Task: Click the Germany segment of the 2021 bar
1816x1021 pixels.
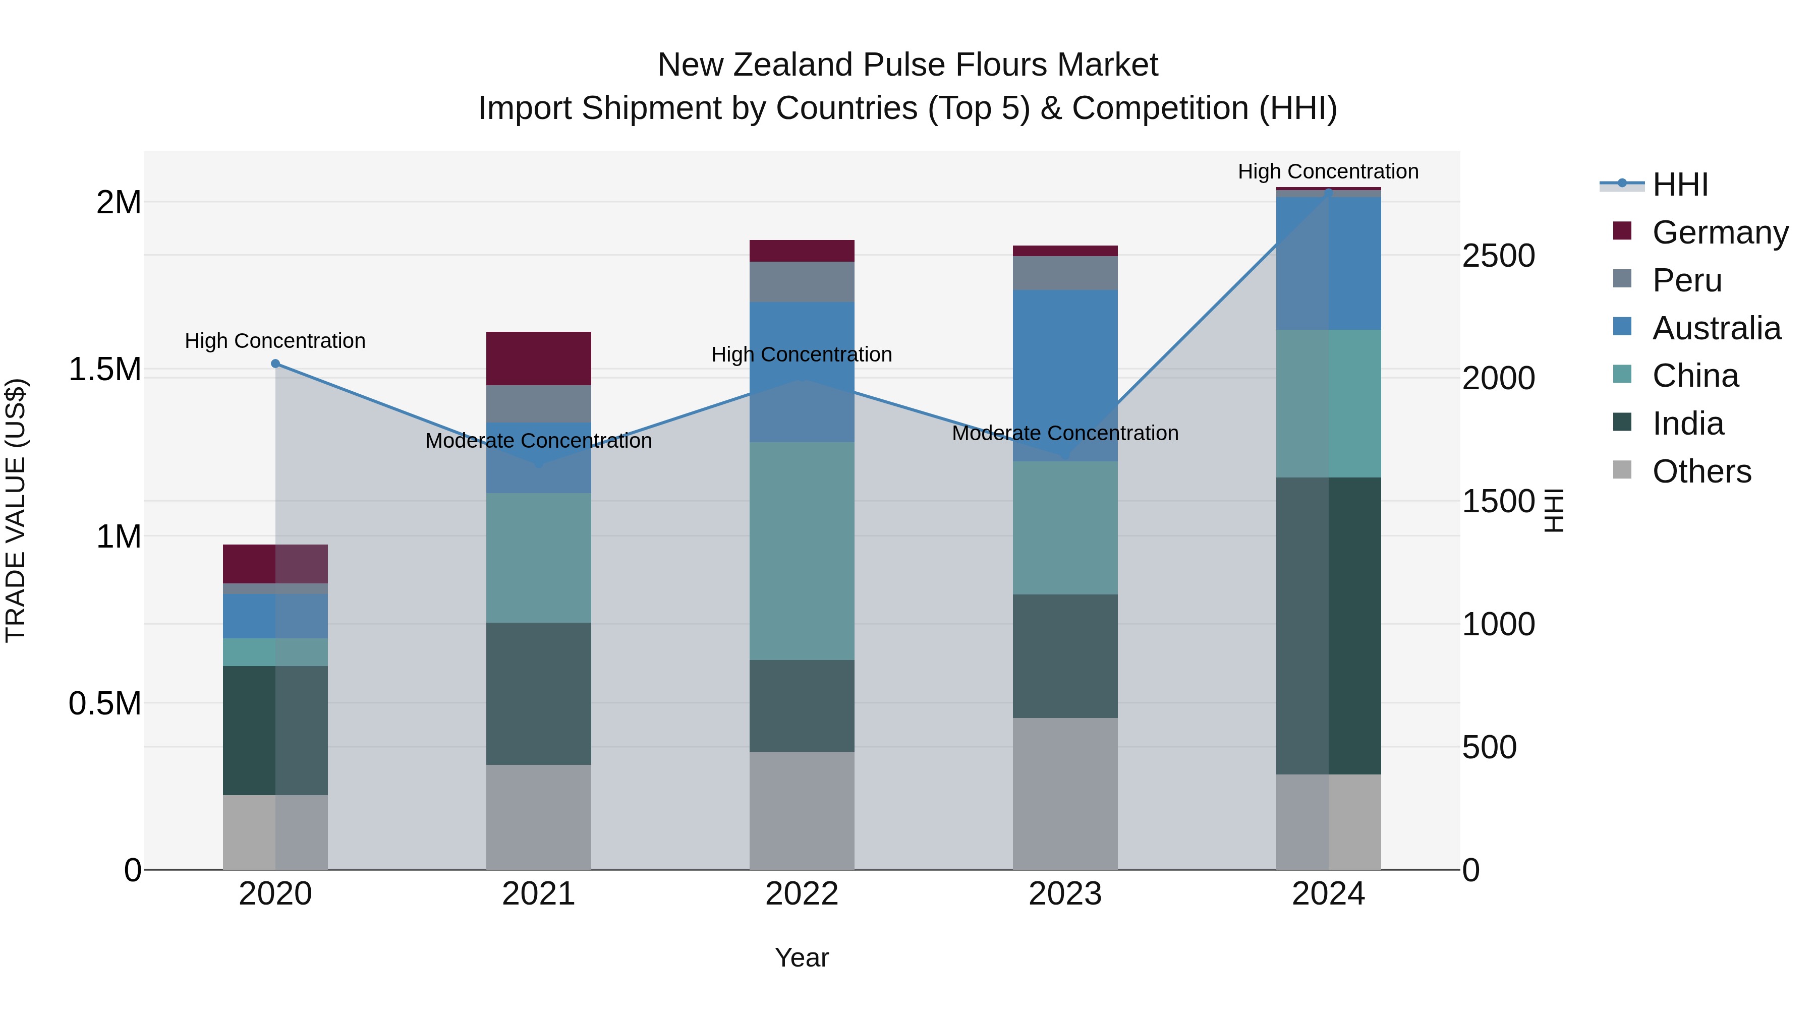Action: pos(539,358)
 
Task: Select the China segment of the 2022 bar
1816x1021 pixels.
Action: pos(802,551)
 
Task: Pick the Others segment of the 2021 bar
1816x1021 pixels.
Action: pos(539,817)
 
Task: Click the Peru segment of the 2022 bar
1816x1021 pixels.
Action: pos(802,282)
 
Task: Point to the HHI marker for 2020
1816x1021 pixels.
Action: pos(275,364)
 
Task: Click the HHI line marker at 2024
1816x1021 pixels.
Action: pos(1329,192)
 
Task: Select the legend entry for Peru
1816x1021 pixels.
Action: pos(1687,280)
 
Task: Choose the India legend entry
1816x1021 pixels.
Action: pos(1688,424)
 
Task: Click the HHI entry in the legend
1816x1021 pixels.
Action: pos(1680,185)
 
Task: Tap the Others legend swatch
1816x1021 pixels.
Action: pos(1622,470)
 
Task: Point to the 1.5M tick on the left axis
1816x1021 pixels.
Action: pos(105,369)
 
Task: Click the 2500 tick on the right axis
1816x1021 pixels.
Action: pos(1498,256)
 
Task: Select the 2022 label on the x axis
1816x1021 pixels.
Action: pos(802,894)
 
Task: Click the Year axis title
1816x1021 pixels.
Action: pos(802,957)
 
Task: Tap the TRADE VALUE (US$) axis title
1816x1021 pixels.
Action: pos(16,510)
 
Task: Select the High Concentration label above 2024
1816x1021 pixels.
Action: pos(1328,171)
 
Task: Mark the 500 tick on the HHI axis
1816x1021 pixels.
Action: pos(1489,748)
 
